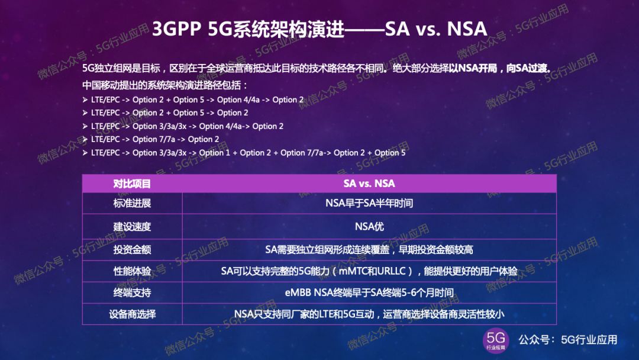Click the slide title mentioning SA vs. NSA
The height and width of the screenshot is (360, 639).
(x=319, y=29)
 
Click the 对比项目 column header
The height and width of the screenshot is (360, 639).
(x=132, y=184)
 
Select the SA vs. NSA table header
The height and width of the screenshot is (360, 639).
(x=369, y=184)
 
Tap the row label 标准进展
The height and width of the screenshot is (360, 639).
(x=132, y=203)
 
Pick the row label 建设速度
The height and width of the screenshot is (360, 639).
(x=132, y=227)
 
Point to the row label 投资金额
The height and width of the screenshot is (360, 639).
(x=132, y=249)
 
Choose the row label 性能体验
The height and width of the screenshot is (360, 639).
(x=132, y=271)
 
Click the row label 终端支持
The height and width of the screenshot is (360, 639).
(x=132, y=292)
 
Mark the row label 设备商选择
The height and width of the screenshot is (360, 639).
(x=132, y=314)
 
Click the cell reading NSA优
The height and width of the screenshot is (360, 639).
(x=369, y=227)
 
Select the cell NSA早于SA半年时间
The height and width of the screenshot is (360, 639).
(x=369, y=203)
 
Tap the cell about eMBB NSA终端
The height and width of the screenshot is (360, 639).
(x=369, y=292)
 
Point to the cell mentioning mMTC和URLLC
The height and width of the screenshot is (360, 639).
(x=369, y=271)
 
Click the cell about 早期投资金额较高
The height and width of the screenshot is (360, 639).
(x=369, y=249)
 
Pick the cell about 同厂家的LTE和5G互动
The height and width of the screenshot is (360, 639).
(x=369, y=314)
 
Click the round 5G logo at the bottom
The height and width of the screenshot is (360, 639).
(x=496, y=340)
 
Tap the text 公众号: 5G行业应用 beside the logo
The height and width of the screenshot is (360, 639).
(x=567, y=340)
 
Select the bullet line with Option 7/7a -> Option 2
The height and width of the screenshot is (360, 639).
(x=151, y=139)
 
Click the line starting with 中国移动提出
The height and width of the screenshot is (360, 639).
(x=165, y=85)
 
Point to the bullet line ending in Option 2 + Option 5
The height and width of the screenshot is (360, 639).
(x=244, y=153)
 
